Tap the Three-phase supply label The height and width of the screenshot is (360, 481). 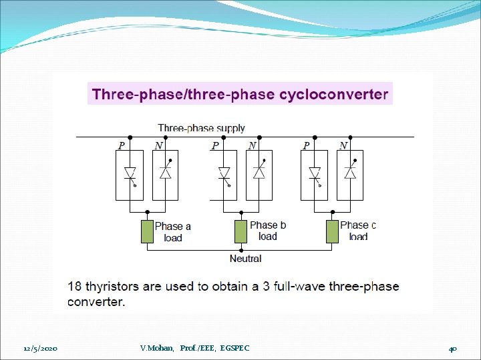[201, 128]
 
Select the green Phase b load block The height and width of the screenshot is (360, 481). [240, 231]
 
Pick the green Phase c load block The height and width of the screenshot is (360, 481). [332, 231]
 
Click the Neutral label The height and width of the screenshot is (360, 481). [245, 258]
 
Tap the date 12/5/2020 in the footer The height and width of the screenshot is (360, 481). [40, 349]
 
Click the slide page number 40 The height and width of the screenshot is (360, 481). [453, 349]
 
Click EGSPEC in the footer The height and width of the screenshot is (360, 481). [234, 348]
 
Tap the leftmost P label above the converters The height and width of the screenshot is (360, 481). [122, 145]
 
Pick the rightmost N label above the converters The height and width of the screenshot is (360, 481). [343, 145]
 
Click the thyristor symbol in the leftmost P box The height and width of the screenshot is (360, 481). [130, 175]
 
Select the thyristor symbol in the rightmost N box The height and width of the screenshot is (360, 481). [349, 173]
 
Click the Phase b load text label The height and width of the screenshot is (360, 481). [267, 231]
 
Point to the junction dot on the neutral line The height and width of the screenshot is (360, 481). [240, 249]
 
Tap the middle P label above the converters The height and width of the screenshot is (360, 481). [215, 145]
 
